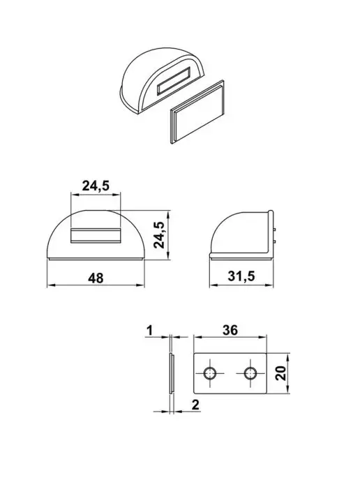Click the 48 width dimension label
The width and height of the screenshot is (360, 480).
[96, 278]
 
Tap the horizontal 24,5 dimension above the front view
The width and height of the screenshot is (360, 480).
[96, 186]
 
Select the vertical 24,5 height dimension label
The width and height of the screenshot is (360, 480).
[160, 234]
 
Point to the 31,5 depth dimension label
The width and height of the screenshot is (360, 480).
[241, 276]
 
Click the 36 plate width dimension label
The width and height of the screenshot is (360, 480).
[230, 330]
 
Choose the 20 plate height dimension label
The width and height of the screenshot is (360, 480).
[280, 373]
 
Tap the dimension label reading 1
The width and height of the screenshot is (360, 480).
[150, 331]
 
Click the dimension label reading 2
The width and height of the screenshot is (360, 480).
[195, 405]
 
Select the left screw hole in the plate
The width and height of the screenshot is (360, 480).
[210, 373]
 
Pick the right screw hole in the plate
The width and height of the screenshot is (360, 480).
[250, 373]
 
